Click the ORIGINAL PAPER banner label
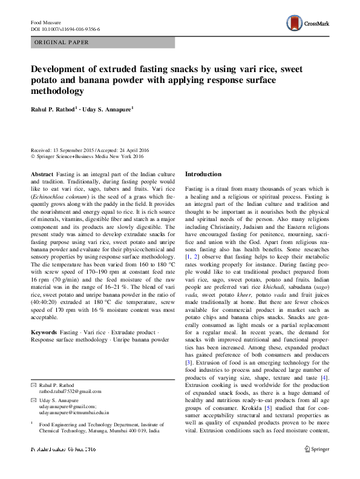[x=61, y=42]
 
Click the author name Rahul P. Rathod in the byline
[x=54, y=109]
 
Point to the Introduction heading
[x=203, y=174]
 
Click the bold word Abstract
[x=42, y=174]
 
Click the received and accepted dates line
[x=90, y=151]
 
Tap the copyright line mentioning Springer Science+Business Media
[x=93, y=157]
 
